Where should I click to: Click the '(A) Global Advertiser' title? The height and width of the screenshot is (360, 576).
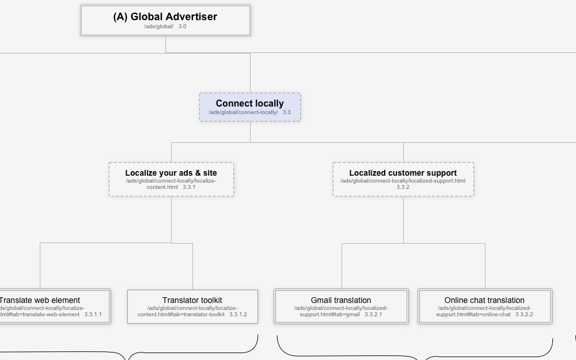[x=165, y=17]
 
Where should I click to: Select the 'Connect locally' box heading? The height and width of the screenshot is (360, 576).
[x=249, y=104]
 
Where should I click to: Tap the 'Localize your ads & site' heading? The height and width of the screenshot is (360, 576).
[x=171, y=173]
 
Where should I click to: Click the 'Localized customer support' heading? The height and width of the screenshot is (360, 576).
[x=403, y=173]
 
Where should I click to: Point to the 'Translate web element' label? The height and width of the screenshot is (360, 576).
[x=40, y=300]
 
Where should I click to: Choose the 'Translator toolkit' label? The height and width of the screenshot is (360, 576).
[x=192, y=300]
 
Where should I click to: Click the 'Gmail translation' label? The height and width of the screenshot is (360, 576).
[x=341, y=300]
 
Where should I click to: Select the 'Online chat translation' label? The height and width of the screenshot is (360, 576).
[x=484, y=300]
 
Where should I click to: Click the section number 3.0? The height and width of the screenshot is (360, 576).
[x=182, y=26]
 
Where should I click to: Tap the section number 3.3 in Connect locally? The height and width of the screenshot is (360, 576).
[x=286, y=112]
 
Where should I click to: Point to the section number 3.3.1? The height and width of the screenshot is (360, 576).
[x=189, y=187]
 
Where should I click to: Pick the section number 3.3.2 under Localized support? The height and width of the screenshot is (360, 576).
[x=403, y=187]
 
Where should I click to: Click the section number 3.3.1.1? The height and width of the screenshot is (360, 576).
[x=93, y=314]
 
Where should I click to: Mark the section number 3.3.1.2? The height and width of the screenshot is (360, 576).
[x=238, y=314]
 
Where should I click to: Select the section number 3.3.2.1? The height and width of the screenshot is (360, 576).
[x=373, y=314]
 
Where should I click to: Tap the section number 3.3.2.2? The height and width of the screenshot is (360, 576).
[x=524, y=314]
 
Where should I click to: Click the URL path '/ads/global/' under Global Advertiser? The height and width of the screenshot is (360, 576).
[x=158, y=26]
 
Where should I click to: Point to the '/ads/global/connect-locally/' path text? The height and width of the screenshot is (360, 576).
[x=243, y=112]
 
